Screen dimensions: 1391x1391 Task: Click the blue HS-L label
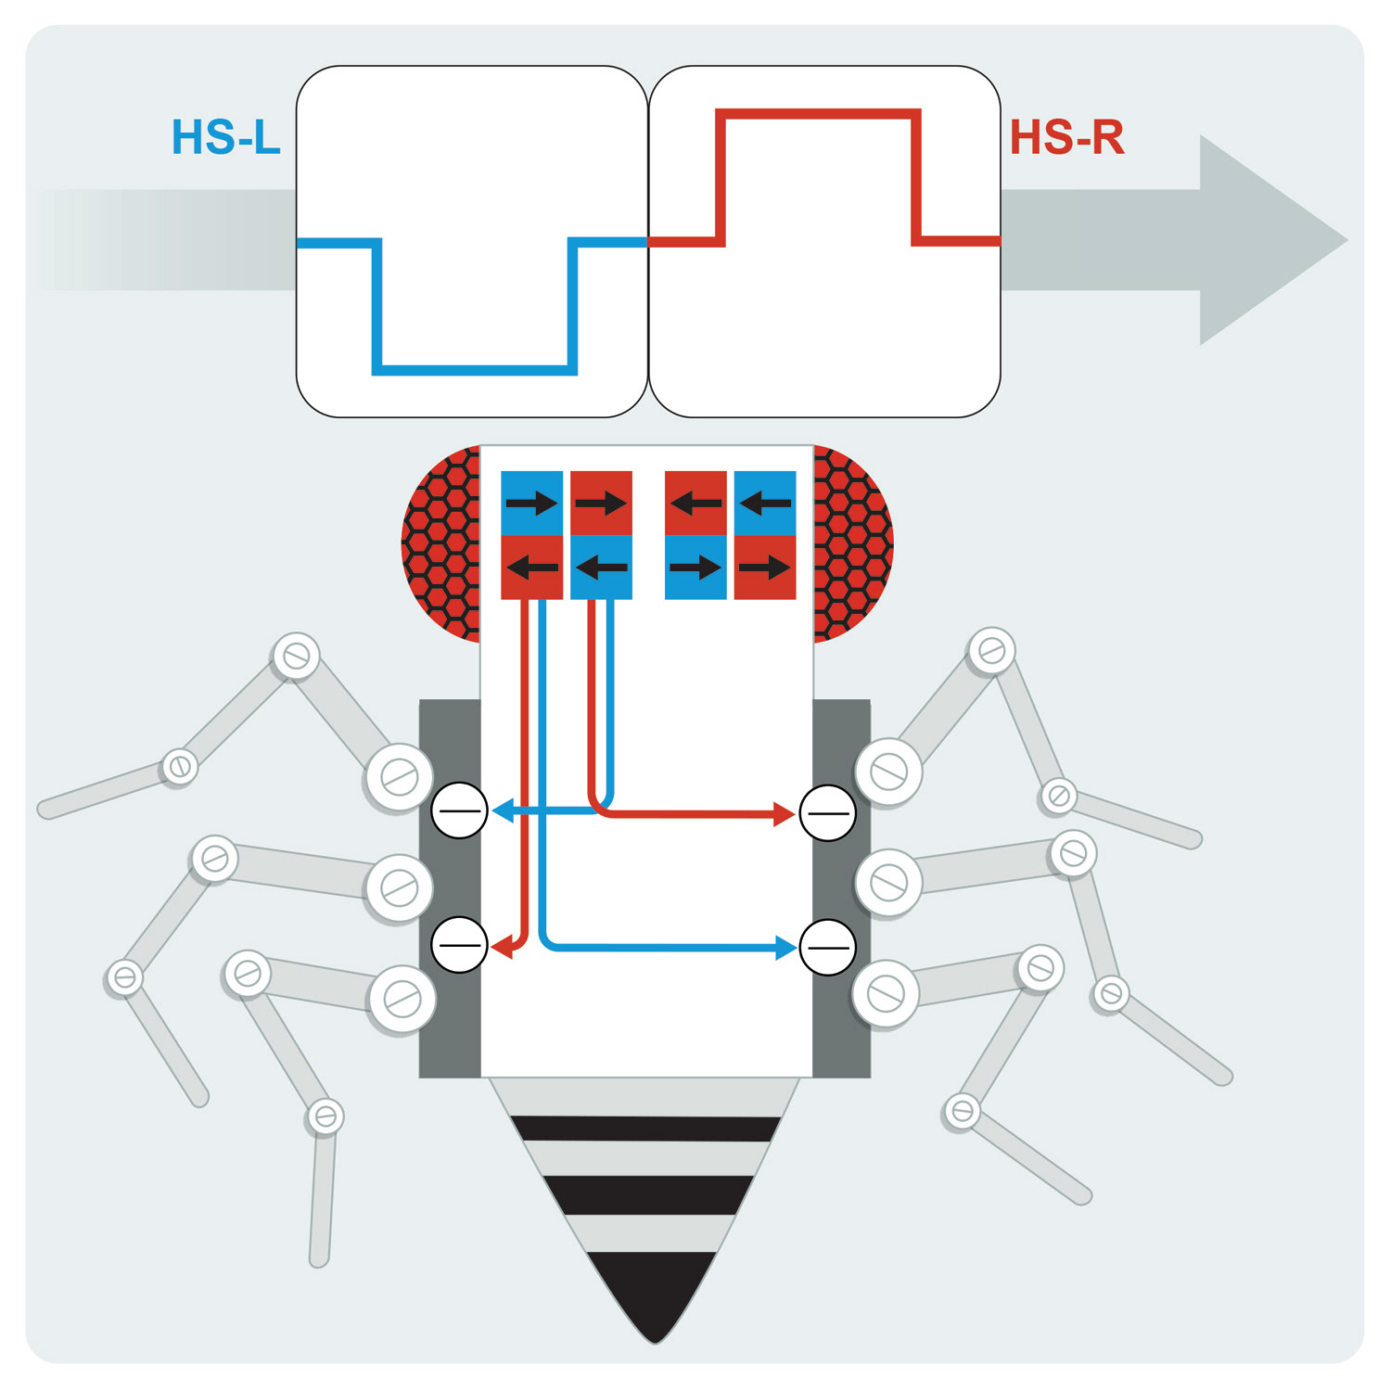click(x=225, y=137)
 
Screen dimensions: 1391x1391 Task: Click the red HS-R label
click(x=1066, y=137)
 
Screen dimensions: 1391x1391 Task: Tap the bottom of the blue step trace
click(x=475, y=370)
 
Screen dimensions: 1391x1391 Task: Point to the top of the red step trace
click(x=818, y=114)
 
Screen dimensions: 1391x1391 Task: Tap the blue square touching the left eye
click(x=531, y=503)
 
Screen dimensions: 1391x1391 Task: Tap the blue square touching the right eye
click(x=765, y=503)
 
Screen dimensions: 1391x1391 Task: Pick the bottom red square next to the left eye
click(x=531, y=567)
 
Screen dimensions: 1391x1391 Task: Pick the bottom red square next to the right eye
click(x=765, y=567)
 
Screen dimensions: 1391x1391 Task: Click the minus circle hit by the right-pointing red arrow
click(x=827, y=812)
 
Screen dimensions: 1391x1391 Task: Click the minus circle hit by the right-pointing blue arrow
click(x=827, y=947)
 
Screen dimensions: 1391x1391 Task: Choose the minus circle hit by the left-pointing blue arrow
click(x=459, y=810)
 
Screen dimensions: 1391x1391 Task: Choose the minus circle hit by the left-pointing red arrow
click(x=459, y=945)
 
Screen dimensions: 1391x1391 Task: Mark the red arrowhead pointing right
click(x=785, y=814)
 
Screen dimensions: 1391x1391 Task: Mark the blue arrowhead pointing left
click(x=502, y=811)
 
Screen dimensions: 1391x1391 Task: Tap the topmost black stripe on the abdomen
click(x=645, y=1129)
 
